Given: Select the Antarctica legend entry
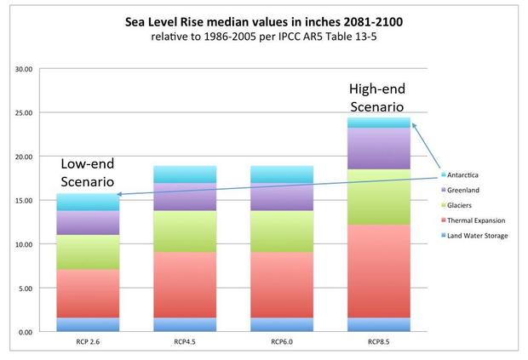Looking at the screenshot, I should click(468, 174).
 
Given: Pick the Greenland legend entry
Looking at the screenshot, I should click(466, 189).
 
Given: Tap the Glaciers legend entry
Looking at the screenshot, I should click(462, 204).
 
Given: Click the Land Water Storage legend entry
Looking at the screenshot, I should click(479, 235).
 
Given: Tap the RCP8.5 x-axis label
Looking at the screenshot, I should click(380, 345).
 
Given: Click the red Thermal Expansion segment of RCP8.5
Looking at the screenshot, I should click(380, 271).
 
